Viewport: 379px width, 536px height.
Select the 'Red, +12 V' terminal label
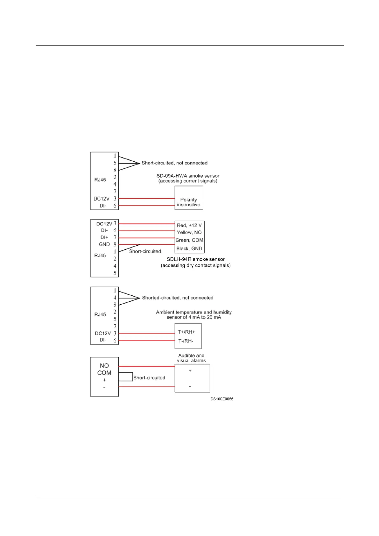point(189,225)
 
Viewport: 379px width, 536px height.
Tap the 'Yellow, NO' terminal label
point(189,232)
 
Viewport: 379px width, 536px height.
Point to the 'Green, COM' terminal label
point(189,240)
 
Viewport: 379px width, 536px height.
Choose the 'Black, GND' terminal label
point(189,249)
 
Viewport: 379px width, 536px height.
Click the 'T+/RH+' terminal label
point(186,332)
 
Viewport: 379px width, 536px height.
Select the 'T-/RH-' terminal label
point(186,341)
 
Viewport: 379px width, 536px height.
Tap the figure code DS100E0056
point(222,399)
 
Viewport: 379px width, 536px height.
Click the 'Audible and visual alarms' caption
point(191,358)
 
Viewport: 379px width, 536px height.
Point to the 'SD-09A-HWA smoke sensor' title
point(188,176)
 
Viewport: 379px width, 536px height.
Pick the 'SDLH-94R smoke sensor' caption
point(195,259)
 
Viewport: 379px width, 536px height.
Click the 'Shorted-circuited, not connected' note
point(178,298)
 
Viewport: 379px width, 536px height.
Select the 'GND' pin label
point(104,244)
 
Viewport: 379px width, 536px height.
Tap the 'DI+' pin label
point(104,237)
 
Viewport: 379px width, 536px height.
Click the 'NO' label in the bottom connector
point(104,366)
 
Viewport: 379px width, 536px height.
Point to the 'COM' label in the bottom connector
point(104,373)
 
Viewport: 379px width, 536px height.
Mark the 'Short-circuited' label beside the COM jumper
point(149,377)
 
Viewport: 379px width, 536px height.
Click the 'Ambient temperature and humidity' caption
point(194,312)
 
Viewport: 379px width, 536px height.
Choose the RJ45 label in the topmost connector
point(100,180)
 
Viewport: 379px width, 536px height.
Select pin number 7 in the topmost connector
point(115,191)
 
